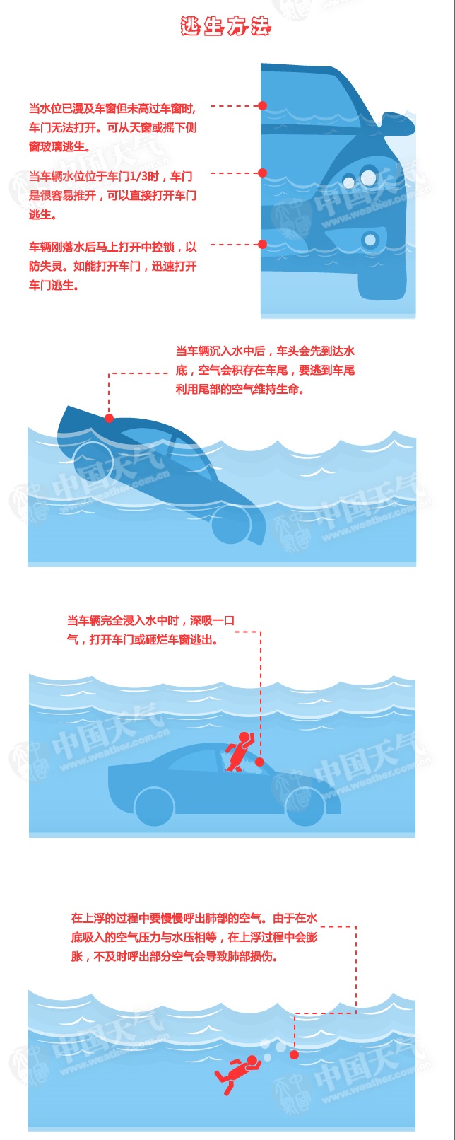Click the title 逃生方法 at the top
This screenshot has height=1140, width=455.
point(225,26)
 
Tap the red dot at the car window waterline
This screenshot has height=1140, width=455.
point(262,106)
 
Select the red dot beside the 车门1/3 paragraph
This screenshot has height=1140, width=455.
point(262,173)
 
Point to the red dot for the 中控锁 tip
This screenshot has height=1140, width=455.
point(262,244)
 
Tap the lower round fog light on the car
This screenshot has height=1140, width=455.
point(370,239)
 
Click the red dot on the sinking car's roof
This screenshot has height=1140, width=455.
point(110,419)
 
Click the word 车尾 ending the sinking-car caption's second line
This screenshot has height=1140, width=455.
point(343,371)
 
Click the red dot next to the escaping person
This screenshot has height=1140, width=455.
point(260,762)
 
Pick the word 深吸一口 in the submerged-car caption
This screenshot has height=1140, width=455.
point(213,620)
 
